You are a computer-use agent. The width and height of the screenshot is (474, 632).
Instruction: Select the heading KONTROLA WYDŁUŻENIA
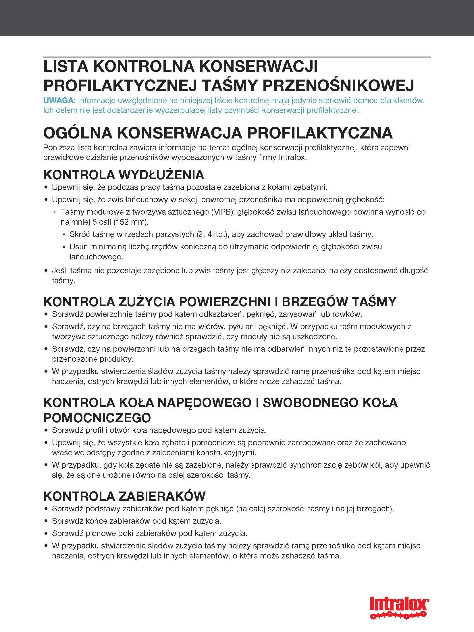(124, 175)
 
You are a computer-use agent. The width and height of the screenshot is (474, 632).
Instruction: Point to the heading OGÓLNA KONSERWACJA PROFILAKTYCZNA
(218, 133)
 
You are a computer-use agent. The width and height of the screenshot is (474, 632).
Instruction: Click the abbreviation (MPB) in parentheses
(220, 212)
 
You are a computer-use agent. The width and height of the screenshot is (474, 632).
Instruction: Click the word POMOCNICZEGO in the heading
(97, 418)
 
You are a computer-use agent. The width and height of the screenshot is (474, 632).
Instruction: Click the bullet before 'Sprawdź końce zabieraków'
(46, 521)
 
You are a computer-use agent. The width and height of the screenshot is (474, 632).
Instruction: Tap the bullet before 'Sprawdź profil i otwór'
(46, 431)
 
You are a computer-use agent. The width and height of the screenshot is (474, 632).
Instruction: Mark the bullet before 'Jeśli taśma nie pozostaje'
(46, 271)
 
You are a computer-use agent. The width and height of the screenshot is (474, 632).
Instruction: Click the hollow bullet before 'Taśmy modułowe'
(55, 212)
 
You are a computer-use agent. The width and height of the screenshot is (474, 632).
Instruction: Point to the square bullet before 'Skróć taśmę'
(63, 235)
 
